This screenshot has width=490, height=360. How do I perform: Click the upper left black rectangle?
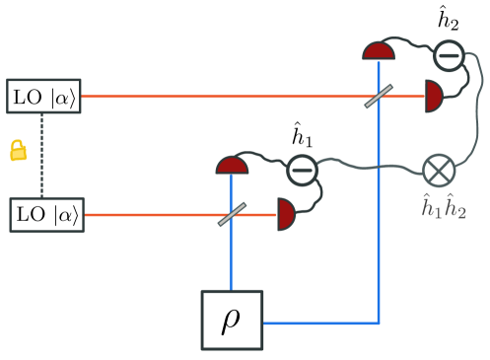click(x=43, y=96)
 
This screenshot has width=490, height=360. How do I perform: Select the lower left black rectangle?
click(x=46, y=214)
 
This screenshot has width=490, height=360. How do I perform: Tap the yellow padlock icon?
click(x=18, y=151)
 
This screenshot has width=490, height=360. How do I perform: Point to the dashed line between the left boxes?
click(x=41, y=180)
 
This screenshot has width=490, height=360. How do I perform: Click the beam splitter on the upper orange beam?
click(x=379, y=96)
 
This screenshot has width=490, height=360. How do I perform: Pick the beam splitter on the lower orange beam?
click(x=232, y=214)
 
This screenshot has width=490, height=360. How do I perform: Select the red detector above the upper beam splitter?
click(x=379, y=51)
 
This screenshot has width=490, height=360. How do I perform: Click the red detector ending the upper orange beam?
click(x=433, y=96)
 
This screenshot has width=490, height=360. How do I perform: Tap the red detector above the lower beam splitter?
click(x=232, y=166)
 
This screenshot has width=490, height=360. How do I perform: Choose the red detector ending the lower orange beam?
click(x=285, y=214)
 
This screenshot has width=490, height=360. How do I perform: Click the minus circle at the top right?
click(x=449, y=55)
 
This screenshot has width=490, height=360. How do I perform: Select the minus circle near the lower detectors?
click(x=302, y=171)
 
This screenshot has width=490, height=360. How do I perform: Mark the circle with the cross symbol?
click(x=440, y=171)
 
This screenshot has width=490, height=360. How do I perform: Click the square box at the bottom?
click(x=232, y=320)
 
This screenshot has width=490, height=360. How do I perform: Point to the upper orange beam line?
click(x=217, y=96)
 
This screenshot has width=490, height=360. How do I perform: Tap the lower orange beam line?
click(x=148, y=214)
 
